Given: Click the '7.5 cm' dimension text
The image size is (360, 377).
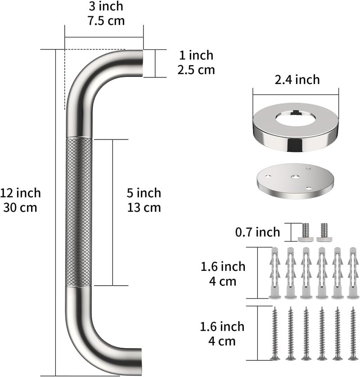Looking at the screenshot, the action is (106, 21).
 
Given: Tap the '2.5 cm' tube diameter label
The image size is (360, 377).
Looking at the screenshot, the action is (196, 70).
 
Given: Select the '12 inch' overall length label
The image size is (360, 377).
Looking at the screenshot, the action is (20, 193).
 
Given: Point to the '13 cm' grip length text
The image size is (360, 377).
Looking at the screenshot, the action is (144, 208).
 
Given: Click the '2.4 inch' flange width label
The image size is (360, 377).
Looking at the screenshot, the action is (297, 80).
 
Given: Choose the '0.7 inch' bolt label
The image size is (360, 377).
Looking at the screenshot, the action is (257, 232).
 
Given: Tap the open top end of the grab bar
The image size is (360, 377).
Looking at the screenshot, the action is (142, 63).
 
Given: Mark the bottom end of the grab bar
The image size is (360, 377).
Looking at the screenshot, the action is (140, 361).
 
